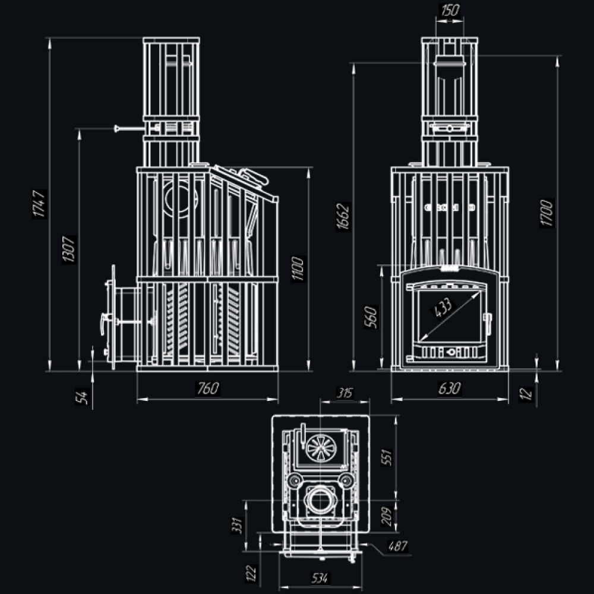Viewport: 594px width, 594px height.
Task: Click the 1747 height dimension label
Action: coord(39,203)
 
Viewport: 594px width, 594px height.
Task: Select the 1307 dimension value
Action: coord(68,249)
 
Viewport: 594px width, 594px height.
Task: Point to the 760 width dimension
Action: coord(208,388)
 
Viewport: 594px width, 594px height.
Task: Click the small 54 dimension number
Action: coord(84,396)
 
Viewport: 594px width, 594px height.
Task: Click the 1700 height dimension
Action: coord(548,213)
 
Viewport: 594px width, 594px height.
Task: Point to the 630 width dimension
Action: coord(450,388)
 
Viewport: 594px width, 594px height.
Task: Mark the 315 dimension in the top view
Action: coord(345,393)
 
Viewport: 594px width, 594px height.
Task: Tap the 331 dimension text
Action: coord(236,525)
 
